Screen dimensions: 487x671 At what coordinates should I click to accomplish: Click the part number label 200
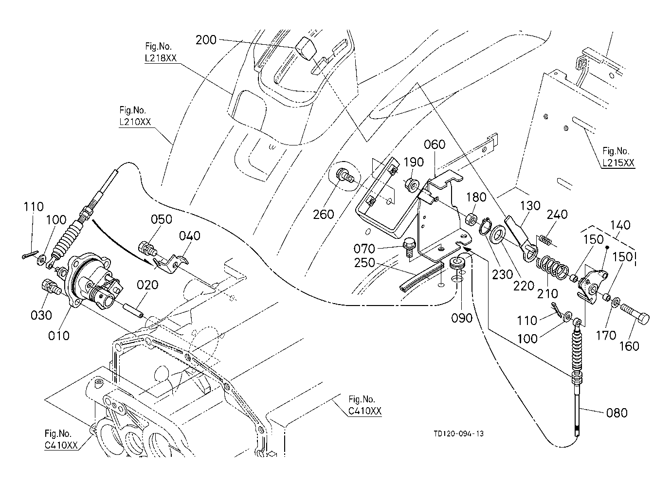pyautogui.click(x=206, y=40)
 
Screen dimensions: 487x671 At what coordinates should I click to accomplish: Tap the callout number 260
pyautogui.click(x=323, y=214)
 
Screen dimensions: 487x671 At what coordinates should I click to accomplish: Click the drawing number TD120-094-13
pyautogui.click(x=459, y=433)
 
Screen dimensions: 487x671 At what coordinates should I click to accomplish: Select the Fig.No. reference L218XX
pyautogui.click(x=161, y=57)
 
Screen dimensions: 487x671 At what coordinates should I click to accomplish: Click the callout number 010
pyautogui.click(x=58, y=335)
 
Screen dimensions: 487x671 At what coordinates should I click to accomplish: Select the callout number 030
pyautogui.click(x=41, y=315)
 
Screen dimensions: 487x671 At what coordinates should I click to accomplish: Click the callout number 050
pyautogui.click(x=161, y=219)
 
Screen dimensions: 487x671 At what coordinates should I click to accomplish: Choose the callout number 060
pyautogui.click(x=435, y=144)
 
